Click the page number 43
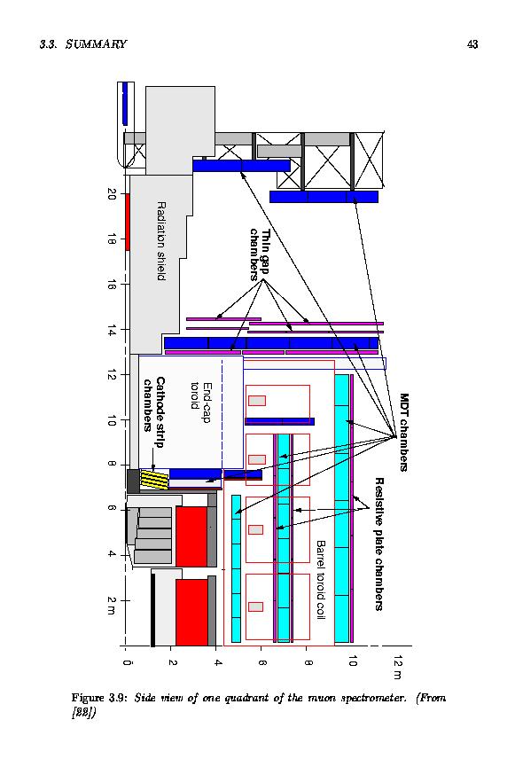pos(472,44)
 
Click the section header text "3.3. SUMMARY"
pos(83,44)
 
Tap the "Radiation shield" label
pos(161,241)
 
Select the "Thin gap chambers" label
pos(260,254)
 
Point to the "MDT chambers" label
pos(404,432)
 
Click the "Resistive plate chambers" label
pos(379,544)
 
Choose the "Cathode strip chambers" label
pos(154,412)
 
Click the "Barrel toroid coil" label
pos(320,579)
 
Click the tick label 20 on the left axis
pos(112,194)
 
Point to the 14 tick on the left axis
pos(112,331)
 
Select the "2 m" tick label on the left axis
pos(112,605)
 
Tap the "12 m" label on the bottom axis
pos(398,667)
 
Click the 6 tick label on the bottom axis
pos(261,661)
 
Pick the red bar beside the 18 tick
pos(128,222)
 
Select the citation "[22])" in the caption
pos(83,713)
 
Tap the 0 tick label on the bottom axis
pos(126,661)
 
